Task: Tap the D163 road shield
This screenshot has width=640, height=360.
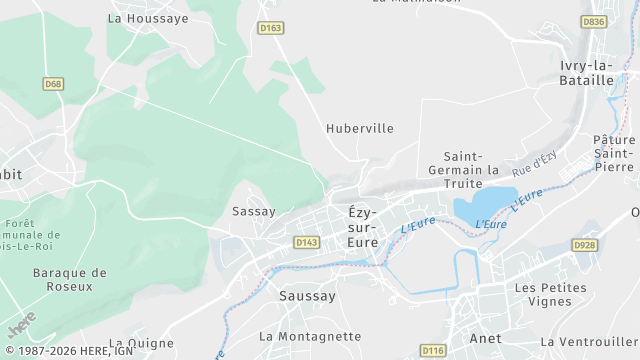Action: click(270, 29)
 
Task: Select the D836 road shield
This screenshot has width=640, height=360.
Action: click(594, 21)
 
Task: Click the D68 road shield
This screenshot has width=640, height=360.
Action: click(53, 84)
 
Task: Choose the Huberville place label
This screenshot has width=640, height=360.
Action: click(360, 128)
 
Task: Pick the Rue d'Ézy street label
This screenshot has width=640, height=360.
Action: click(534, 164)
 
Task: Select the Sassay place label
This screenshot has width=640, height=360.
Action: click(253, 211)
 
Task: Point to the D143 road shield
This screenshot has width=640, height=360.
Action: click(306, 242)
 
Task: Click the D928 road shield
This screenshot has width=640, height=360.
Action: click(584, 244)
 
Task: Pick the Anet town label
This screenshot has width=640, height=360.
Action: click(485, 338)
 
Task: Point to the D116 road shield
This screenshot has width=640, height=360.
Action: click(432, 350)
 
